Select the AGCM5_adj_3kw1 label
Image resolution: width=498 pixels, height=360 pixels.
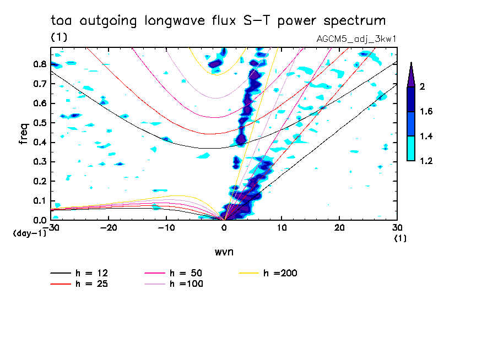(x=356, y=39)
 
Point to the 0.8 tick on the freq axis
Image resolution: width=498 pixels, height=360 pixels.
(x=40, y=64)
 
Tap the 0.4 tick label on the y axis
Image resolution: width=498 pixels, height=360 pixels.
(x=40, y=142)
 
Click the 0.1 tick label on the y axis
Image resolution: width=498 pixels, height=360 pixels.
(x=40, y=201)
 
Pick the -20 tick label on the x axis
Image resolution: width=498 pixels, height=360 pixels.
(x=109, y=228)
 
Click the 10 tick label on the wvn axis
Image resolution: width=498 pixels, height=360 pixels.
(x=282, y=228)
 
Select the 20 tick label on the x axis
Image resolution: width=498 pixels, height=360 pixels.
(x=339, y=228)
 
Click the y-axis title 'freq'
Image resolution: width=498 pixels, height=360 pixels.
(x=23, y=134)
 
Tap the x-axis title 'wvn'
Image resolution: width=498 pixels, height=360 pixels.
(x=224, y=252)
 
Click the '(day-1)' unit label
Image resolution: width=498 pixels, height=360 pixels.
(x=30, y=233)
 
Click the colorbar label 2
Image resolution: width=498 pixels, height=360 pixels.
(x=422, y=86)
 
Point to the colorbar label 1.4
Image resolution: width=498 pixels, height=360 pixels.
(x=426, y=136)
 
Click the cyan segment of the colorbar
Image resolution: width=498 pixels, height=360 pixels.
(x=411, y=149)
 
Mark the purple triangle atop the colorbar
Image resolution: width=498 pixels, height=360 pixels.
(x=411, y=76)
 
